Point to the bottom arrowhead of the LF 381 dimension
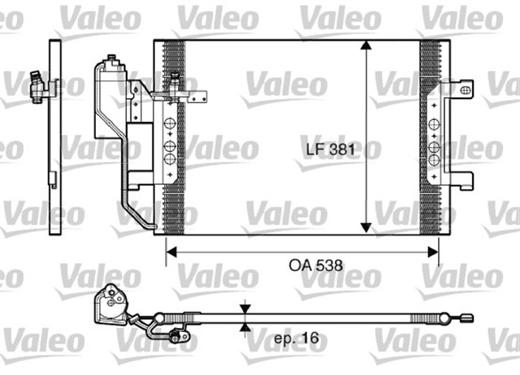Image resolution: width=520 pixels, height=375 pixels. (368, 227)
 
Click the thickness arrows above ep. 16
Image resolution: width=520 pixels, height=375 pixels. (245, 317)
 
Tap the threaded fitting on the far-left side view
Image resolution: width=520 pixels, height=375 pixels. (37, 85)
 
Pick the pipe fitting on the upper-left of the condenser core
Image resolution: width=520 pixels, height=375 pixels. (175, 80)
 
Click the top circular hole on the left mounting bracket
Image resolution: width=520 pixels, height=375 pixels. (169, 123)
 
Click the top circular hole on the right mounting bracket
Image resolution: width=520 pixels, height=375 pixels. (435, 123)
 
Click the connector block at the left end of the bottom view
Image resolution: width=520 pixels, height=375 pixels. (109, 304)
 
